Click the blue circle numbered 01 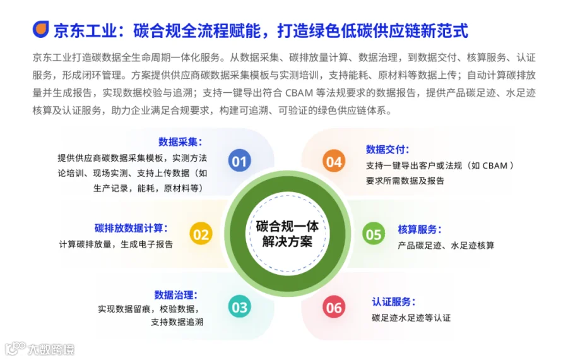point(239,160)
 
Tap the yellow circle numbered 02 point(201,234)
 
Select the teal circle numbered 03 point(239,307)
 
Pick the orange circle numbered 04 point(334,161)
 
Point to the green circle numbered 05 point(374,234)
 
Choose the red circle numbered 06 point(334,307)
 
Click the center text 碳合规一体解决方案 point(287,234)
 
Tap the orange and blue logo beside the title point(41,29)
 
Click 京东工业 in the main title point(85,30)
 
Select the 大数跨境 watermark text point(51,349)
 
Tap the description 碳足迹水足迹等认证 point(411,318)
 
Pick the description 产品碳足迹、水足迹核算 point(446,246)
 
